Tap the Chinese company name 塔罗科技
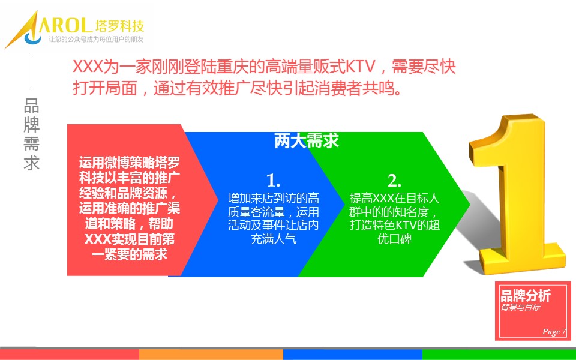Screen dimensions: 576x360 point(119,26)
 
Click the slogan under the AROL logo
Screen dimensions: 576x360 point(96,40)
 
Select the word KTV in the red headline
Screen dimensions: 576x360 point(361,67)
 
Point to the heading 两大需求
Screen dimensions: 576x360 point(307,140)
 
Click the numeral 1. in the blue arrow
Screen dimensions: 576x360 point(274,181)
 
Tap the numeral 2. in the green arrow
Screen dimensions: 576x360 point(394,181)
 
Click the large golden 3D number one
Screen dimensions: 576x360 point(516,194)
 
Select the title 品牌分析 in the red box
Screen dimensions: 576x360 point(526,296)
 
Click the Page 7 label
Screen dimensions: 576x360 point(554,332)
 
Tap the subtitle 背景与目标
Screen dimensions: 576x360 point(521,307)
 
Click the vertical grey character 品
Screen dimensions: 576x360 point(32,106)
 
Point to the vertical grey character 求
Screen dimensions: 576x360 point(32,163)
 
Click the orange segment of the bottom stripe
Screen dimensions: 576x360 point(211,354)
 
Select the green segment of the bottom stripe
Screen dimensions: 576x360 point(499,354)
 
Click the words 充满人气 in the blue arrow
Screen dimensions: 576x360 point(274,239)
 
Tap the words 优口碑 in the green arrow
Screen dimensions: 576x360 point(394,239)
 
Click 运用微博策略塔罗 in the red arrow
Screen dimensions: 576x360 point(130,163)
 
